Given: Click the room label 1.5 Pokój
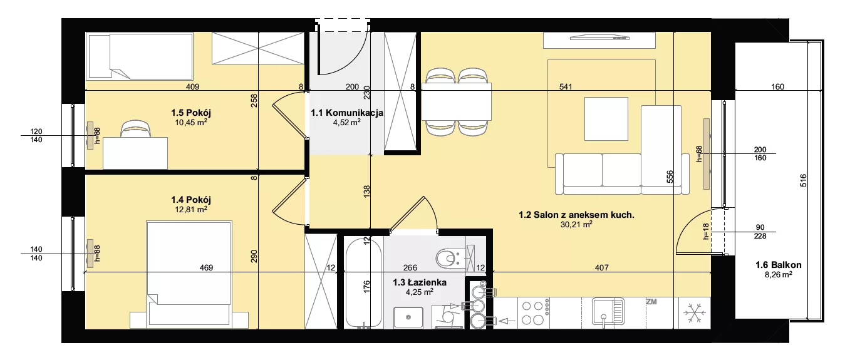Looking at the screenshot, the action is (x=191, y=113).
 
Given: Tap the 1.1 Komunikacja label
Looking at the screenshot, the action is (x=347, y=113).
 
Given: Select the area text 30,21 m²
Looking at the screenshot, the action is (x=576, y=224).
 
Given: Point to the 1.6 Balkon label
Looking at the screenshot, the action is (x=779, y=265).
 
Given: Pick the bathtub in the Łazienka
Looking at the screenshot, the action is (x=363, y=282).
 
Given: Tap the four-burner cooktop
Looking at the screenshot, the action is (x=535, y=312).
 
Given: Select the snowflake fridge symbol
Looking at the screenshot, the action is (x=695, y=312).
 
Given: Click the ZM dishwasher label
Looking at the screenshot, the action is (x=651, y=302).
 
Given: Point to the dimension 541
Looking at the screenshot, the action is (x=566, y=87).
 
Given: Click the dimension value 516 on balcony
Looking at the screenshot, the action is (x=803, y=180).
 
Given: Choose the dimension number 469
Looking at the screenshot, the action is (x=206, y=268).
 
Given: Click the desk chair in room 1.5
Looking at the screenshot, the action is (x=135, y=129).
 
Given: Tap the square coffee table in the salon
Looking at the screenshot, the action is (x=606, y=119).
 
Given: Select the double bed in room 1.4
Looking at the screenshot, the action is (x=189, y=275).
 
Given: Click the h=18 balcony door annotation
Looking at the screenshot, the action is (x=705, y=232).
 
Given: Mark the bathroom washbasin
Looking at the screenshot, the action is (x=408, y=317).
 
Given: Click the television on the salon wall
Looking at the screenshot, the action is (x=599, y=37).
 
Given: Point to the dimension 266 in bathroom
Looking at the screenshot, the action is (x=410, y=268).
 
